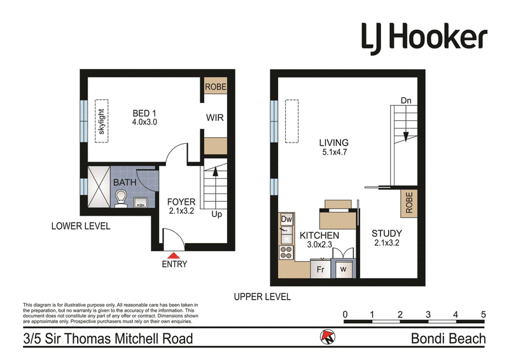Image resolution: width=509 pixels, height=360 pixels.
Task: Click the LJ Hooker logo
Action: (424, 38)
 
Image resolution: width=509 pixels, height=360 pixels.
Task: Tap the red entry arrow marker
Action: (173, 256)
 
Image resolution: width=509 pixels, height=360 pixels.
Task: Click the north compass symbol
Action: (328, 337)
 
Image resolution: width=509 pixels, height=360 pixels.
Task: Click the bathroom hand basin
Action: (141, 202)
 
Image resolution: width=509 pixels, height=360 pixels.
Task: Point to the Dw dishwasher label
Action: (286, 219)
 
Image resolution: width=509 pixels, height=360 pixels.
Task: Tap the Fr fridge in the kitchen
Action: (321, 269)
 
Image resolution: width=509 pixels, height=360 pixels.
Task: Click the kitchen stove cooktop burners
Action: (286, 253)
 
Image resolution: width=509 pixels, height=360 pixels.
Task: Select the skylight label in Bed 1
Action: (101, 121)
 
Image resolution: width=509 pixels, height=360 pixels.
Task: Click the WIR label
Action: (214, 118)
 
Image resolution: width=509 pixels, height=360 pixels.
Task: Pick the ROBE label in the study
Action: (408, 202)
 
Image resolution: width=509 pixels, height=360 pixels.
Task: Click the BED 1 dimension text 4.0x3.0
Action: (144, 122)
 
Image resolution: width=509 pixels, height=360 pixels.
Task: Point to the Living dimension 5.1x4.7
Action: (335, 152)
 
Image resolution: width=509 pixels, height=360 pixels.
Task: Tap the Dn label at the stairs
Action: (406, 100)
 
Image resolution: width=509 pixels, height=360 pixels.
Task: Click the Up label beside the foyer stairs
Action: (216, 214)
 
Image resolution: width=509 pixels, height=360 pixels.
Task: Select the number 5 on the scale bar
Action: (484, 314)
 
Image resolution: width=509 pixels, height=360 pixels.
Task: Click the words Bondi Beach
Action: (449, 338)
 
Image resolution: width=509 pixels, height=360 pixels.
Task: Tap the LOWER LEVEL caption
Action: (81, 226)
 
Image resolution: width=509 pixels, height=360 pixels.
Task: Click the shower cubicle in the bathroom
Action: (99, 187)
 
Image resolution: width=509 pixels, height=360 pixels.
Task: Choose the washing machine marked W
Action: (343, 269)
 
